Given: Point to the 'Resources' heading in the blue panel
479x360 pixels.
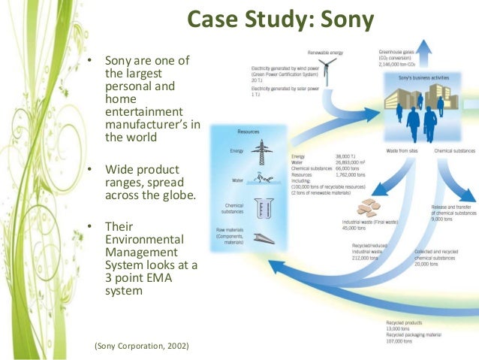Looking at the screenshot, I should [248, 131].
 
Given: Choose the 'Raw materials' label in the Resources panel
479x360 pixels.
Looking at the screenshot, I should [228, 228].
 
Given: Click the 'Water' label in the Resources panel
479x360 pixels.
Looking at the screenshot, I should [236, 180].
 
